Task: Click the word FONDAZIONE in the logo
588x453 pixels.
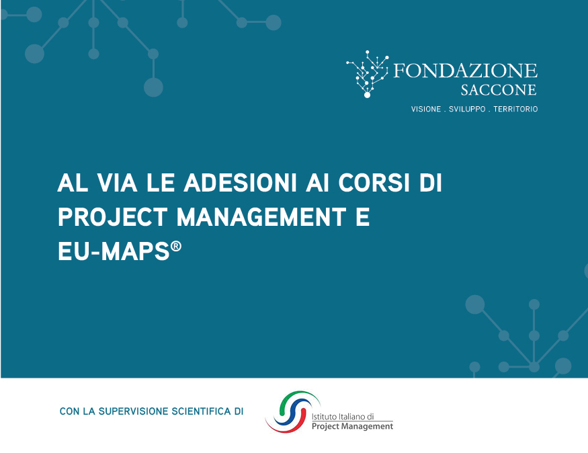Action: click(465, 71)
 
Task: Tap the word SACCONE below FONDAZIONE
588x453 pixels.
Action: click(499, 90)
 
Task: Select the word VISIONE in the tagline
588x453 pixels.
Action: click(426, 109)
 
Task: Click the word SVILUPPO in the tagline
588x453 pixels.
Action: click(467, 109)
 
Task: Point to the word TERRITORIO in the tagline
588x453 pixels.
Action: click(515, 109)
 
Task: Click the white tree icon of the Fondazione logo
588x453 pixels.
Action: click(368, 74)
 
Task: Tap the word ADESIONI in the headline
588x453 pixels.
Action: click(240, 183)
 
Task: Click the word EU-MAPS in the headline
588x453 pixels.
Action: click(114, 251)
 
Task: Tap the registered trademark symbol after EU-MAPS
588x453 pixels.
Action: click(176, 247)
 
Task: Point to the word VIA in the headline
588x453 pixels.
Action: click(117, 183)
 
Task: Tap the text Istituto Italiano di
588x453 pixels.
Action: click(343, 417)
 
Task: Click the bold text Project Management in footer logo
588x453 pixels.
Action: click(353, 426)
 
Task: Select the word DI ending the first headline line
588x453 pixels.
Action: click(431, 183)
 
